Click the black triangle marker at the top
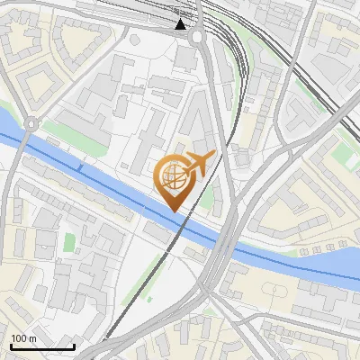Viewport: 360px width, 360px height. coord(182,23)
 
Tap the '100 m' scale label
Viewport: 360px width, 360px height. coord(23,338)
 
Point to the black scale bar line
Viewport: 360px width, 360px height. coord(42,346)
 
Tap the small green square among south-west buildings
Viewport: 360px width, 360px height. coord(69,243)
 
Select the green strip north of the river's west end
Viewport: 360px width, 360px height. coord(72,131)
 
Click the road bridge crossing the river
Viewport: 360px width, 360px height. coord(225,243)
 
